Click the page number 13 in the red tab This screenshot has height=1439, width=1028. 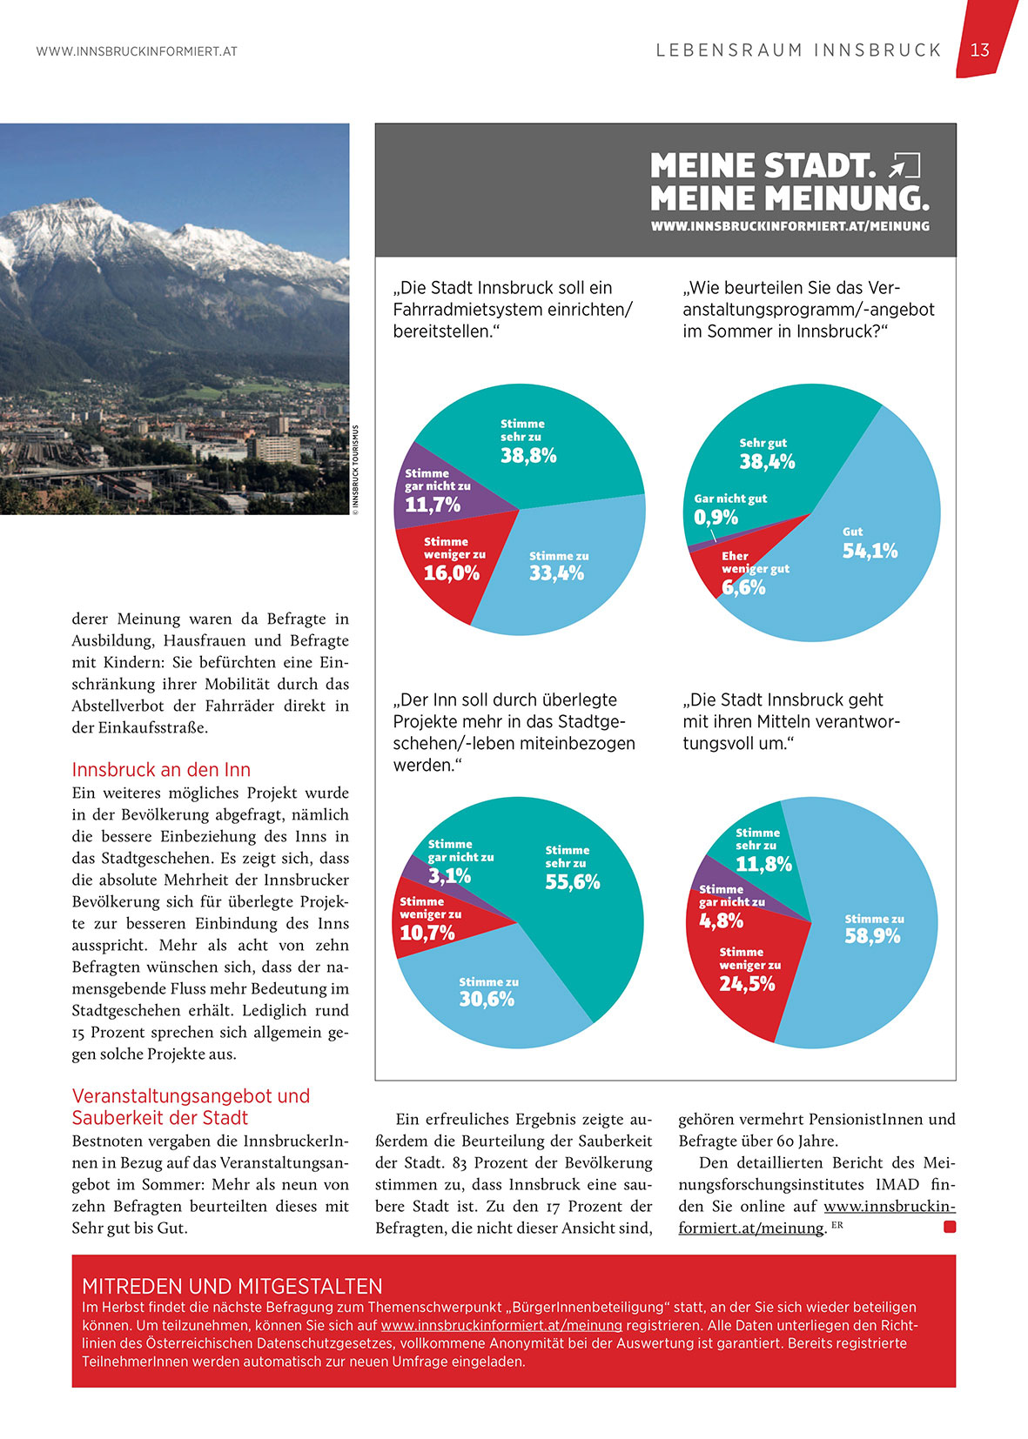coord(979,50)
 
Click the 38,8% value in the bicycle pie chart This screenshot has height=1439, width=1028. coord(528,456)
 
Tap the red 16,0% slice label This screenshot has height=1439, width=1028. coord(452,573)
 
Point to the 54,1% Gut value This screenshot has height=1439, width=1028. coord(870,551)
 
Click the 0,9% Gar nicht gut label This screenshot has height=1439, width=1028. coord(716,518)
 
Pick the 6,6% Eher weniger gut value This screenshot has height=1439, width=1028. coord(742,587)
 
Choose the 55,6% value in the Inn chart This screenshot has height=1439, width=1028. coord(572,882)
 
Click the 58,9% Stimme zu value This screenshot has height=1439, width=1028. coord(872,936)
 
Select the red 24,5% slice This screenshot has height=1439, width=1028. coord(747,984)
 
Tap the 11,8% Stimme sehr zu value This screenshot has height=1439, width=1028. coord(763,864)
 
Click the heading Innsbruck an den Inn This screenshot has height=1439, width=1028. coord(161,770)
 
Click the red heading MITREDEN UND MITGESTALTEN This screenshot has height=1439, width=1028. coord(232,1286)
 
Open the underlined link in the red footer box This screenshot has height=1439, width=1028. coord(501,1325)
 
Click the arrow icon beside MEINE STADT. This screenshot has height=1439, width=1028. coord(905,164)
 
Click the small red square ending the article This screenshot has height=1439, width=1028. coord(950,1227)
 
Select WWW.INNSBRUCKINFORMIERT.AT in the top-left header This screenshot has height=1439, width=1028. coord(137,51)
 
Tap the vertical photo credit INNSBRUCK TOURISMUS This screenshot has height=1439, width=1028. coord(355,470)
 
